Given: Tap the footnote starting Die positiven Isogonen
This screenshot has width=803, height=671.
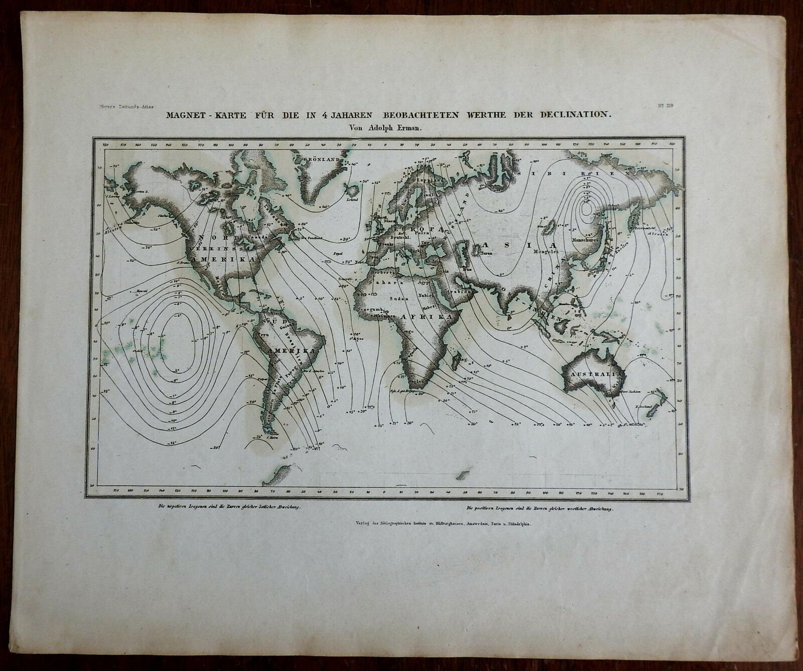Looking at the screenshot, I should (541, 509).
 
